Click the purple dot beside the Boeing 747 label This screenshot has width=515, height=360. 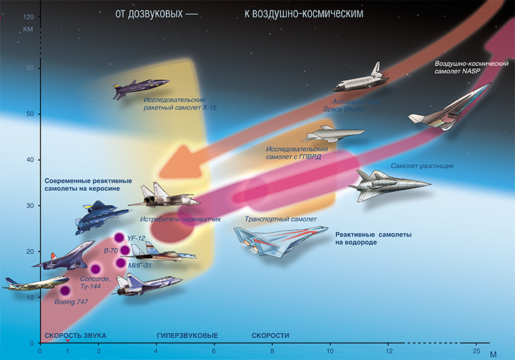point(65,291)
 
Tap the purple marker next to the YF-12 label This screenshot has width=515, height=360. point(119,238)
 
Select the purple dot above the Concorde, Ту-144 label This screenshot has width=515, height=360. point(95,269)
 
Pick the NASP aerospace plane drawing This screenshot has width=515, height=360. point(449,109)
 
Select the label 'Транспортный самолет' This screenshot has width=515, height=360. point(280,219)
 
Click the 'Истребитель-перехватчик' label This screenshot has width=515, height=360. point(180,219)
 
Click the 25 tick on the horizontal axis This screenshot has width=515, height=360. point(476,347)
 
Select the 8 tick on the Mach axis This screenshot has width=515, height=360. point(272,347)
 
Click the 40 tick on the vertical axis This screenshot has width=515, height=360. point(30,159)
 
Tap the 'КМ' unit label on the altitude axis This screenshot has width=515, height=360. point(29,29)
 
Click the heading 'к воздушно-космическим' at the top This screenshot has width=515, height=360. point(304,14)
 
